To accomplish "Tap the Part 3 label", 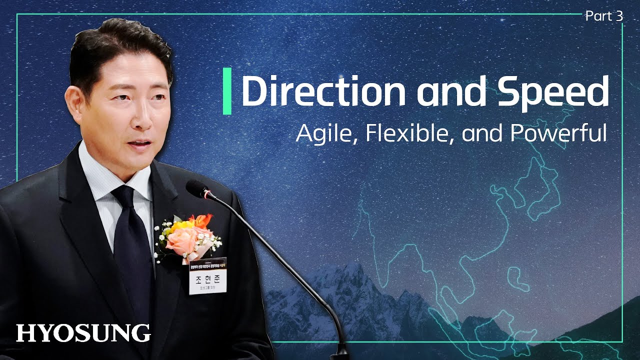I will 604,16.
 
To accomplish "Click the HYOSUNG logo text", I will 83,333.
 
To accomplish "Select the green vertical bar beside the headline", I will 227,91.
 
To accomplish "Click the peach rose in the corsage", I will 180,240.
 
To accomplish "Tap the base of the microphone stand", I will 341,350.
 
